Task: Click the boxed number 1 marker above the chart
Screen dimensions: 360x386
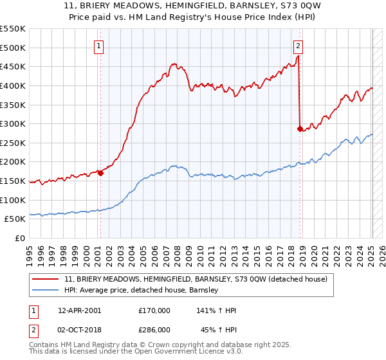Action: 100,46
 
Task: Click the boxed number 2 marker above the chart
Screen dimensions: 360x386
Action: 299,46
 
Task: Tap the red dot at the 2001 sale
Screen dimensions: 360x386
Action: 100,173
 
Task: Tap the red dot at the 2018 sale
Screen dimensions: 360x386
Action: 300,129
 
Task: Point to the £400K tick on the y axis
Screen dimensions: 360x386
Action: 14,85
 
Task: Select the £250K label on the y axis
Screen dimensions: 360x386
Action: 14,143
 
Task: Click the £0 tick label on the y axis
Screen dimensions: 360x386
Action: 20,238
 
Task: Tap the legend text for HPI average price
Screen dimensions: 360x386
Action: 142,291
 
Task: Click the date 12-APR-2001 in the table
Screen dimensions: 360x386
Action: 79,310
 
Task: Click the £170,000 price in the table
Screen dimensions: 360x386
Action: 154,310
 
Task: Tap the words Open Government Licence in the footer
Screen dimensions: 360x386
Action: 158,353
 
